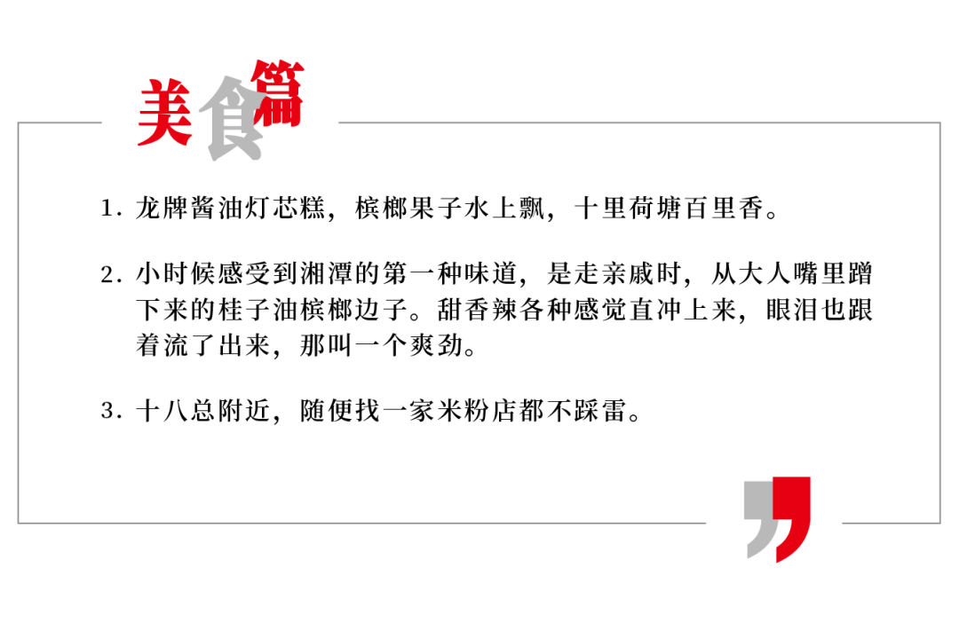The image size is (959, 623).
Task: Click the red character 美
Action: tap(164, 113)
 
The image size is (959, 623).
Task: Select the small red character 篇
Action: tap(278, 93)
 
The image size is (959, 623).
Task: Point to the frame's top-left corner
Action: tap(18, 122)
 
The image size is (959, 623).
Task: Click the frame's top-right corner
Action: tap(939, 122)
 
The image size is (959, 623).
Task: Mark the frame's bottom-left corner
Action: tap(18, 523)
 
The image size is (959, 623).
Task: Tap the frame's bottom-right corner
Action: tap(939, 523)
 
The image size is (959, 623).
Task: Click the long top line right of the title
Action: tap(639, 122)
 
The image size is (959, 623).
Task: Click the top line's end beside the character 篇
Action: tap(339, 122)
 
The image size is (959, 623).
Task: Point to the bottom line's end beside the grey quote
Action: tap(705, 523)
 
